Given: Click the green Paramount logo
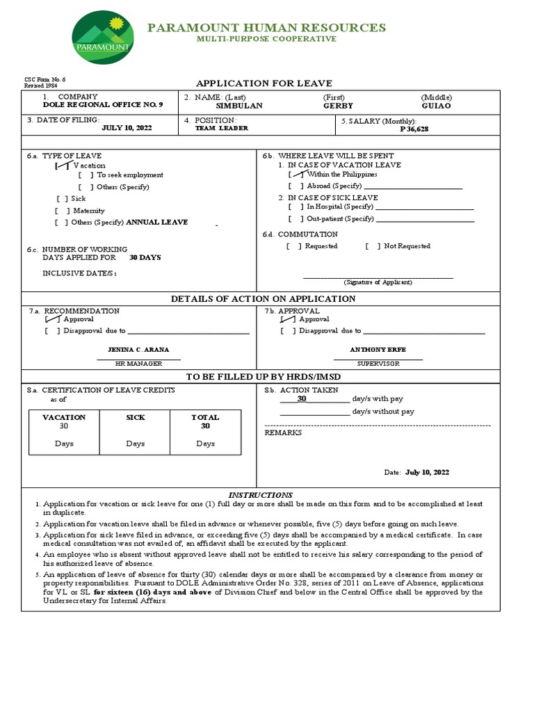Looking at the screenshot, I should [x=103, y=38].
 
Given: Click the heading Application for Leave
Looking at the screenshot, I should [x=264, y=83].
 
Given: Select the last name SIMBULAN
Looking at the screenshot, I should [x=239, y=106].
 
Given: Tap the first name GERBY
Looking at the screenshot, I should [x=338, y=106].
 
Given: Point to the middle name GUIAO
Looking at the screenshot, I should [x=436, y=106].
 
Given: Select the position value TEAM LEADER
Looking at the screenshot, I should [x=221, y=129].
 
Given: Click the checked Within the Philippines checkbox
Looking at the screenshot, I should [x=296, y=175].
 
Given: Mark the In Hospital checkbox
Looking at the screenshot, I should [x=296, y=207].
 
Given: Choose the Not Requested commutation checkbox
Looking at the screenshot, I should [x=373, y=246].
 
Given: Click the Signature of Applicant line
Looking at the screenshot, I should [x=378, y=277].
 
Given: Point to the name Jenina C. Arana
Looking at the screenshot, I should [x=138, y=349].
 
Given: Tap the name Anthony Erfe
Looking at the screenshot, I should [x=378, y=349].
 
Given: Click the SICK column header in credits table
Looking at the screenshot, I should [x=135, y=417].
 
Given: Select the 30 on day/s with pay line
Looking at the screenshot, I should [x=302, y=399].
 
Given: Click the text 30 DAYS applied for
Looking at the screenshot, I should [x=145, y=257].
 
